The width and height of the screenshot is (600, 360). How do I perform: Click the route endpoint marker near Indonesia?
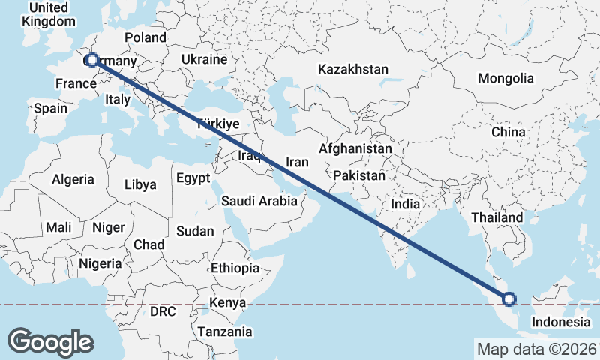point(509,299)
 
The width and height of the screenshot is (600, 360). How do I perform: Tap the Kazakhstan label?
point(352,70)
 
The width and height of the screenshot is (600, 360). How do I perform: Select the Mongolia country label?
point(505,78)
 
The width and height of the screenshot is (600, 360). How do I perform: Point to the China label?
point(508,132)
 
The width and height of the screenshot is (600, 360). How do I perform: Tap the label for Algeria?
point(73,179)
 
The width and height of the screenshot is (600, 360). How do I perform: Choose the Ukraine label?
point(205,59)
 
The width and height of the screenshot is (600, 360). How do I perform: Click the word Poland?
point(145,37)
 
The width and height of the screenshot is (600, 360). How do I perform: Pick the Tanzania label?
point(224,331)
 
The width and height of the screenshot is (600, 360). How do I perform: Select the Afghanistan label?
point(355,149)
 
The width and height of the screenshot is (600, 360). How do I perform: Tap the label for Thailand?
point(496,217)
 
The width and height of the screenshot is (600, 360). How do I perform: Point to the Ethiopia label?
point(235,268)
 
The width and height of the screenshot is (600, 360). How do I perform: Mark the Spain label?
point(50,108)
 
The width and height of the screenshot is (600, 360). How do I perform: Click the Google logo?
point(50,341)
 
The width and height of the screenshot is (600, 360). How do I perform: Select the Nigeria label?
point(100,263)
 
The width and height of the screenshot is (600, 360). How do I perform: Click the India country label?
point(405,204)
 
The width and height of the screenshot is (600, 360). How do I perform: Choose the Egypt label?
point(194,178)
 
